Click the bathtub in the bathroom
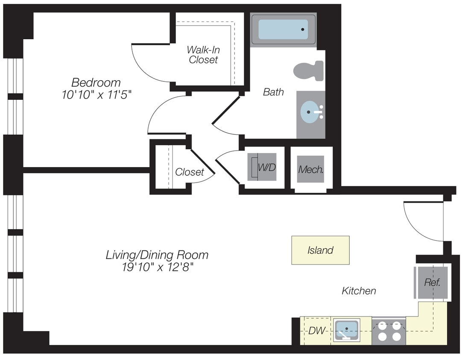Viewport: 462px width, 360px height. [x=283, y=29]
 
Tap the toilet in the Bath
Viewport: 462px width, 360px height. [x=309, y=71]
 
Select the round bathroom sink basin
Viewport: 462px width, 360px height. [x=309, y=112]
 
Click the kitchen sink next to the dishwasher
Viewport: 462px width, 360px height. [x=347, y=330]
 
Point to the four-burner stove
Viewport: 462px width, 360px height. [x=389, y=331]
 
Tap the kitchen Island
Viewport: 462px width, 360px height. [x=320, y=250]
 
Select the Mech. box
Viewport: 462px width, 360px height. [x=310, y=169]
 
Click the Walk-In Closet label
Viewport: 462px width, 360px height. [x=203, y=55]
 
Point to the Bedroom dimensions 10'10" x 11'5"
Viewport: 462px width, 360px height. [x=96, y=95]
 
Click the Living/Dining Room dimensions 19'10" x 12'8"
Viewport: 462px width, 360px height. [x=157, y=267]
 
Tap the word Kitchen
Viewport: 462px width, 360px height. [x=359, y=291]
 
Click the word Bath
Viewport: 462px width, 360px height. [x=273, y=92]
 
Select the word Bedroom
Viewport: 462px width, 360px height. [x=96, y=82]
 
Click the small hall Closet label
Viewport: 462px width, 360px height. [x=190, y=172]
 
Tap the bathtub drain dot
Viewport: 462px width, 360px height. [x=302, y=29]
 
